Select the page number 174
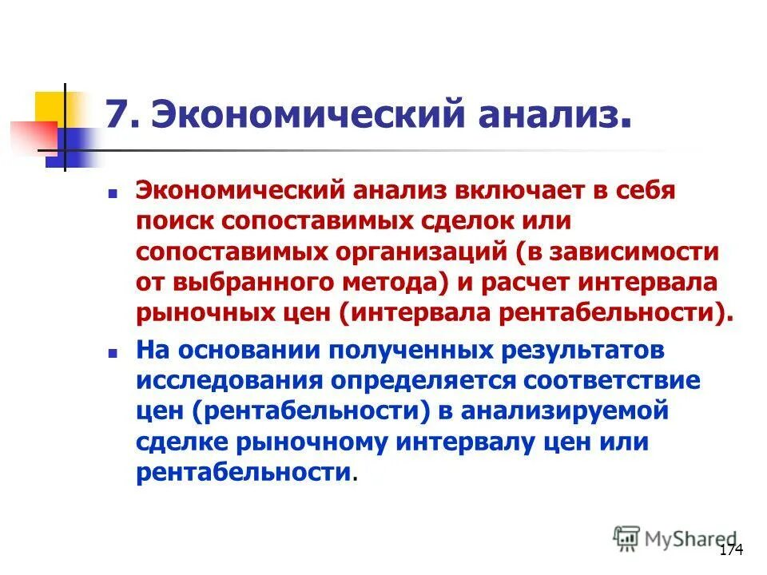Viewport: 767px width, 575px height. coord(732,550)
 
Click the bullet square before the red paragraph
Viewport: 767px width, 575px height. coord(113,194)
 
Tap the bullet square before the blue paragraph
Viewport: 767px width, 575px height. coord(113,352)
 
